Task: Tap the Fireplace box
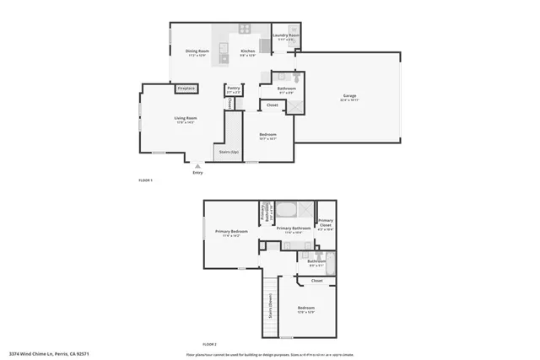click(186, 89)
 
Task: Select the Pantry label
click(234, 88)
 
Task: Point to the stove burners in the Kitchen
click(246, 29)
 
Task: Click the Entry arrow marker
click(197, 167)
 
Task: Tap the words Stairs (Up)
click(229, 153)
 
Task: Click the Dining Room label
click(197, 52)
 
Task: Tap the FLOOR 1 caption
click(145, 180)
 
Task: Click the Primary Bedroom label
click(231, 232)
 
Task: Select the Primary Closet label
click(326, 223)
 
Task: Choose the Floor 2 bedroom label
click(305, 309)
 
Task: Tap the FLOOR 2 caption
click(209, 345)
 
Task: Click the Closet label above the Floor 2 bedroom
click(316, 281)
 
